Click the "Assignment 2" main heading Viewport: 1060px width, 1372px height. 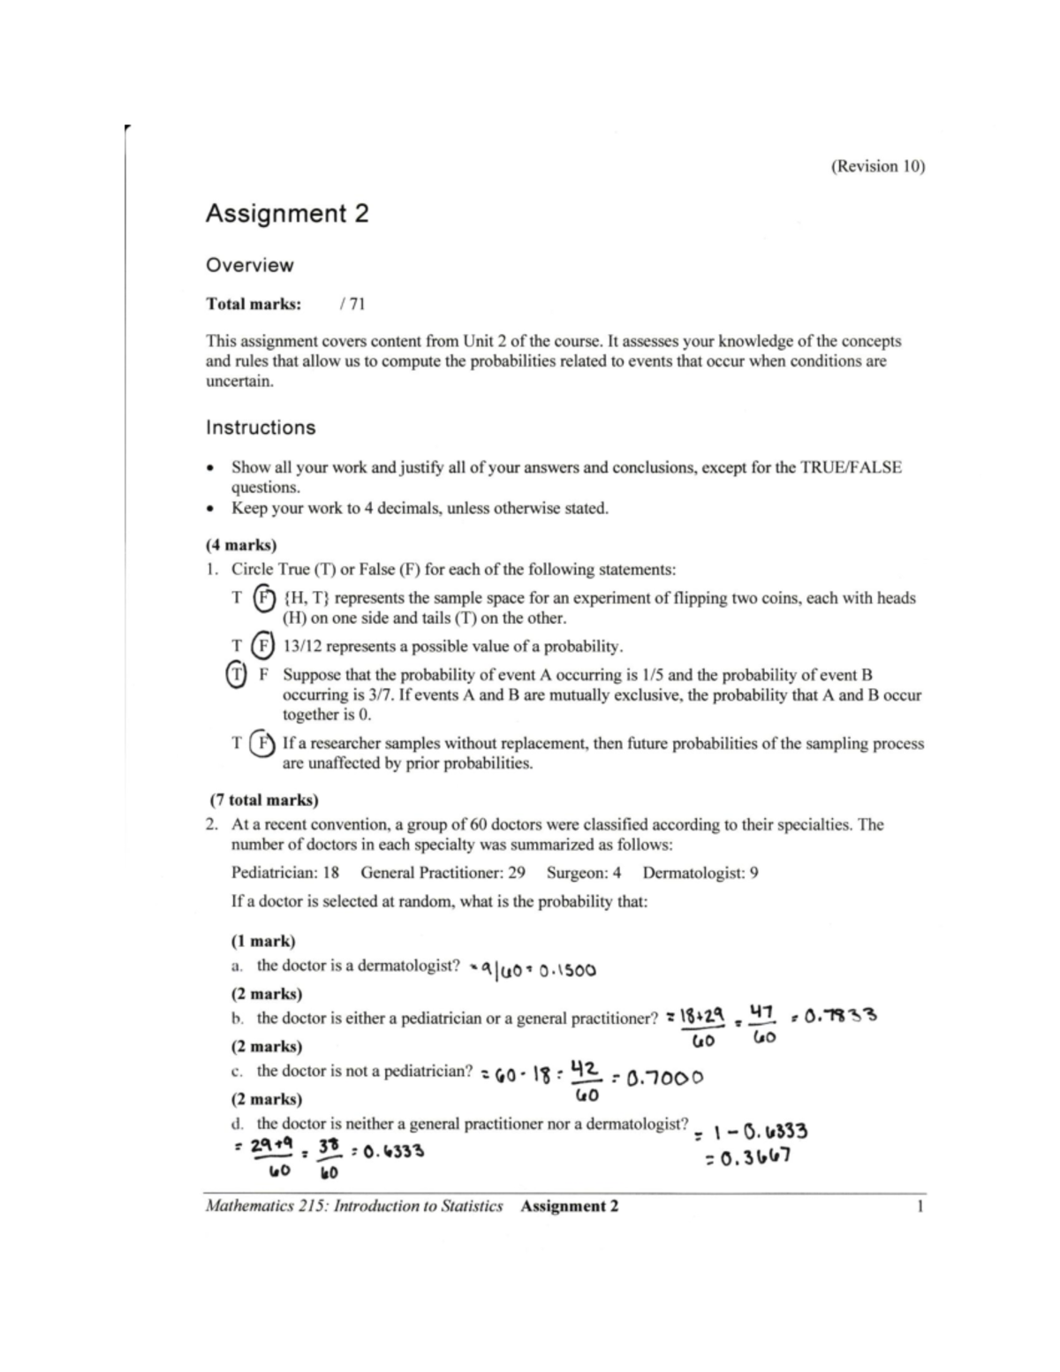(x=287, y=214)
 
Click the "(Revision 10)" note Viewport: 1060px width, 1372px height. (x=877, y=166)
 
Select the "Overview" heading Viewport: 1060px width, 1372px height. (x=249, y=265)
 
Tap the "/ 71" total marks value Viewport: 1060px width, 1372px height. (x=352, y=304)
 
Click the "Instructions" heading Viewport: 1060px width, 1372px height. (x=261, y=428)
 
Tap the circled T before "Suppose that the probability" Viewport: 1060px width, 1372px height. (x=237, y=675)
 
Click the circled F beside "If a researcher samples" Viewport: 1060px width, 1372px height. (x=263, y=743)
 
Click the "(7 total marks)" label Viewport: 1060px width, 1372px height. (x=263, y=800)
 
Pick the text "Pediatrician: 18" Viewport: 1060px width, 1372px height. (x=285, y=873)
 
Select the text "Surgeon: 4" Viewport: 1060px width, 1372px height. (x=584, y=873)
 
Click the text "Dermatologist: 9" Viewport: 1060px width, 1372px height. (x=700, y=873)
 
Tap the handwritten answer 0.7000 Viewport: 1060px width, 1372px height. (x=663, y=1078)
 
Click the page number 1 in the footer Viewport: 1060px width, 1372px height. (x=920, y=1206)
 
